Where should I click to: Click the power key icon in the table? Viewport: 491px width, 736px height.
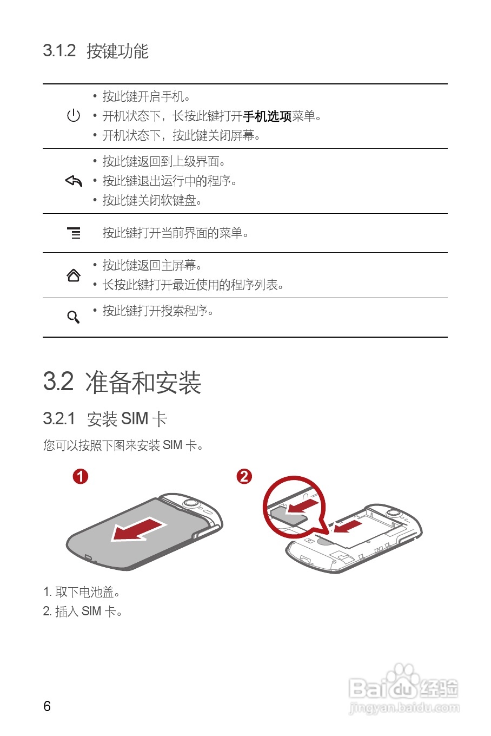(x=74, y=115)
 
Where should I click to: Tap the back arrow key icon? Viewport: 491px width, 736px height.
(x=74, y=181)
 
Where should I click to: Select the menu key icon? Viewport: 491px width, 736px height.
(x=74, y=233)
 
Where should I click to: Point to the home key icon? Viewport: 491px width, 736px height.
(x=74, y=275)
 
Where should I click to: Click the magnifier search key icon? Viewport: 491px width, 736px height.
(x=74, y=317)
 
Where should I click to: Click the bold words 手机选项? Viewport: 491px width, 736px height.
(x=267, y=116)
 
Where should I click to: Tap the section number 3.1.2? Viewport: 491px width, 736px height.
(x=59, y=51)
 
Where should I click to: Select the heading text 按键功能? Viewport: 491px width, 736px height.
(x=117, y=51)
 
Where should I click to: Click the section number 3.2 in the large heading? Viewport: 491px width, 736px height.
(x=58, y=382)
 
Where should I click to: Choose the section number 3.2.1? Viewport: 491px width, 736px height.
(x=59, y=419)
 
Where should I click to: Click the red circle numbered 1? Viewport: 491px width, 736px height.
(x=81, y=476)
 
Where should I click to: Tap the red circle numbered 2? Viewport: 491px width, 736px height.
(x=244, y=476)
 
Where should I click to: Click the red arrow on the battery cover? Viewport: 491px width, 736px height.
(x=138, y=529)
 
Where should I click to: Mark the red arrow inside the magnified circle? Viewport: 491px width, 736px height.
(x=302, y=506)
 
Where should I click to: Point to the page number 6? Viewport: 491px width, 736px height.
(x=47, y=706)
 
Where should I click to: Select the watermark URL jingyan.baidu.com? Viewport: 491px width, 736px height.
(x=404, y=708)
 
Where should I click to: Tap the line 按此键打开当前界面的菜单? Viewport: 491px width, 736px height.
(x=175, y=233)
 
